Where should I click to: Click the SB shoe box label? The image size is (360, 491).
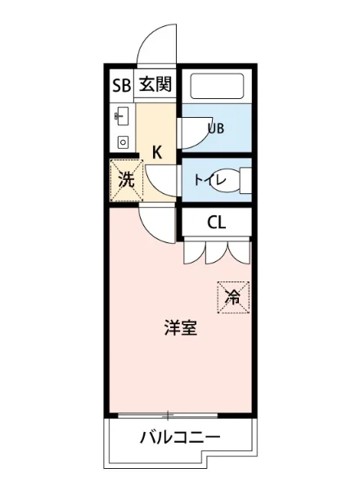tap(121, 84)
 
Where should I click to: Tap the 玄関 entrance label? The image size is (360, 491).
tap(154, 84)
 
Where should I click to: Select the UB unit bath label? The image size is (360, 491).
tap(216, 128)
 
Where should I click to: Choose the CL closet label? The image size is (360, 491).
tap(217, 221)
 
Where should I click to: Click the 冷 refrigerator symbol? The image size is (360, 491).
tap(233, 297)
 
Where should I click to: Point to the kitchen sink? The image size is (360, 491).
tap(122, 116)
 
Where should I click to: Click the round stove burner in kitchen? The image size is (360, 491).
tap(123, 142)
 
